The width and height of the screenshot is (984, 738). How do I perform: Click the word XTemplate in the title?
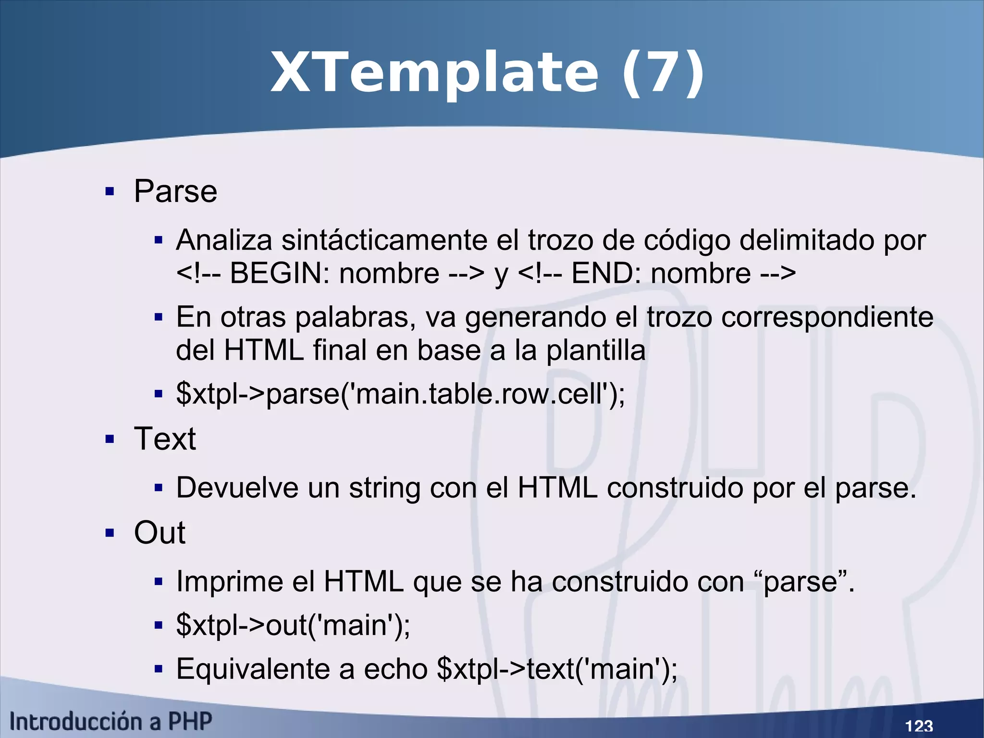(x=435, y=73)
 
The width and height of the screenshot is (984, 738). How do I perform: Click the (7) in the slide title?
(x=663, y=73)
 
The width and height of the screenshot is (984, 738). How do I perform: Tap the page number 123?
(x=919, y=725)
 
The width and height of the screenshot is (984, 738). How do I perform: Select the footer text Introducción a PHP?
(x=111, y=721)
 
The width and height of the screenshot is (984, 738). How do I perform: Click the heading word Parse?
(x=175, y=191)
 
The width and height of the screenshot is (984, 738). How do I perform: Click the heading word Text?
(x=165, y=438)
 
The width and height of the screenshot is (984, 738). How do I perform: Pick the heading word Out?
(x=160, y=533)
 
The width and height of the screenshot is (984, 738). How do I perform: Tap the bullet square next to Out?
(x=110, y=533)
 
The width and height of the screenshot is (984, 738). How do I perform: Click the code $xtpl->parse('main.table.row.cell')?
(x=400, y=394)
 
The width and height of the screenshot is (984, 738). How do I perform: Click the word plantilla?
(x=595, y=350)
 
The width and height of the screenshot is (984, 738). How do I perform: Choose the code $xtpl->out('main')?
(x=293, y=625)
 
